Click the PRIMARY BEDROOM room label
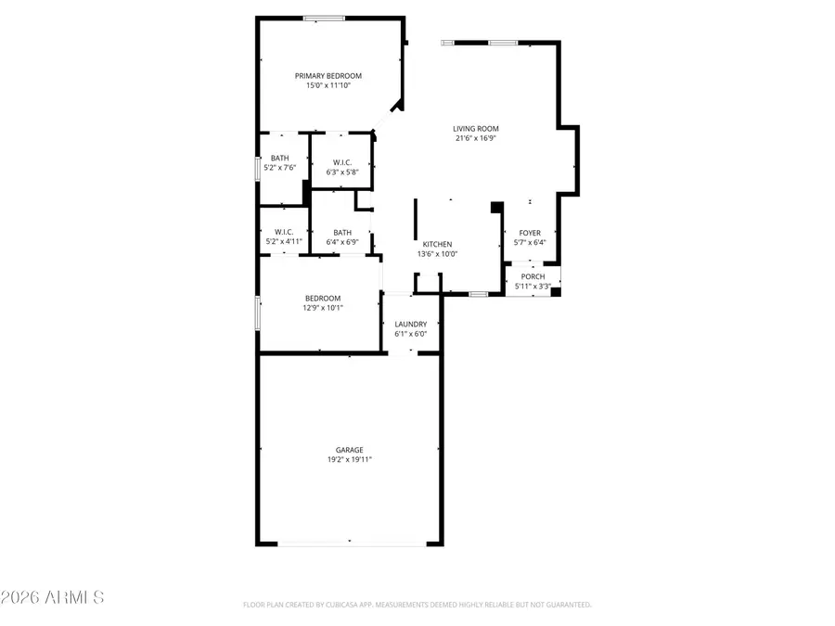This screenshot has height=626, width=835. tap(328, 76)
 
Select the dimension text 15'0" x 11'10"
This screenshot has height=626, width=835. tap(328, 85)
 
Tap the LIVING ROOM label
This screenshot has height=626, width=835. tap(476, 129)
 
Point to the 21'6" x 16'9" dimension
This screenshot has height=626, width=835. tap(476, 139)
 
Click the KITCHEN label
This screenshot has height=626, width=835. tap(437, 244)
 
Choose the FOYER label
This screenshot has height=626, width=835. tap(530, 233)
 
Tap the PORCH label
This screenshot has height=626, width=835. tap(533, 276)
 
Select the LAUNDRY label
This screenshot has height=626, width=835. tap(410, 324)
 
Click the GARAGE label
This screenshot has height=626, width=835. tap(349, 450)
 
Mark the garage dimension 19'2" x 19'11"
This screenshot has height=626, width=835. tap(349, 459)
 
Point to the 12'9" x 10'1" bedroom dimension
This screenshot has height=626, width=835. tap(323, 307)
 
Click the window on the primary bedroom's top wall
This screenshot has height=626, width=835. tap(325, 18)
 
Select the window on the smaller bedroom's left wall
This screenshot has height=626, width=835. tap(258, 313)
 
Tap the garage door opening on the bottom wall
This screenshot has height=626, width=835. tap(349, 543)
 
